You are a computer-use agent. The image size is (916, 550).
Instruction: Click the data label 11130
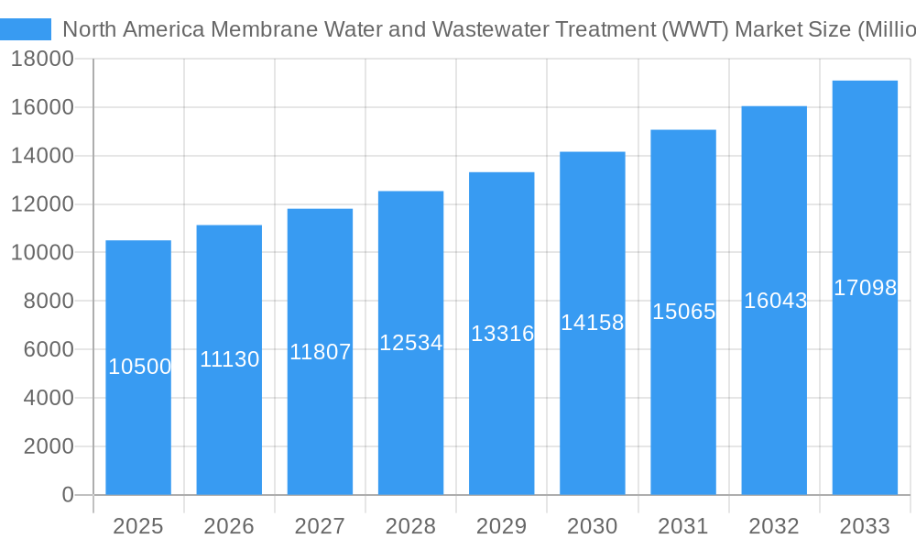tap(230, 359)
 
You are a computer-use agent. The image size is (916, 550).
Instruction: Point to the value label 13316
tap(502, 334)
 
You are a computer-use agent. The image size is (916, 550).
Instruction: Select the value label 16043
tap(775, 301)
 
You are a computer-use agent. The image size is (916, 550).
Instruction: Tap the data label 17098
tap(865, 288)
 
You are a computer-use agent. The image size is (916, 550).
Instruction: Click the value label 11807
tap(321, 351)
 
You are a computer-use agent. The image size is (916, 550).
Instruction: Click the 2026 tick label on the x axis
tap(229, 526)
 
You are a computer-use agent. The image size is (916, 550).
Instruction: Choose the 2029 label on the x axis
tap(502, 526)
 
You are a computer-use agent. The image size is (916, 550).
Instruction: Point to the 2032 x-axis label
tap(774, 526)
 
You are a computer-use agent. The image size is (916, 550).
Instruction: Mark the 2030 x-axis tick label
tap(593, 526)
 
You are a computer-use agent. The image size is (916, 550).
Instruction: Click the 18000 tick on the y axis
tap(42, 60)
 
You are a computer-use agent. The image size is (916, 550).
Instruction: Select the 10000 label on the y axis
tap(42, 253)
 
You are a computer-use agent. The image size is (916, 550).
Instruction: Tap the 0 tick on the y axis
tap(68, 495)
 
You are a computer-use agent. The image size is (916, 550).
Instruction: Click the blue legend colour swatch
tap(26, 29)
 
